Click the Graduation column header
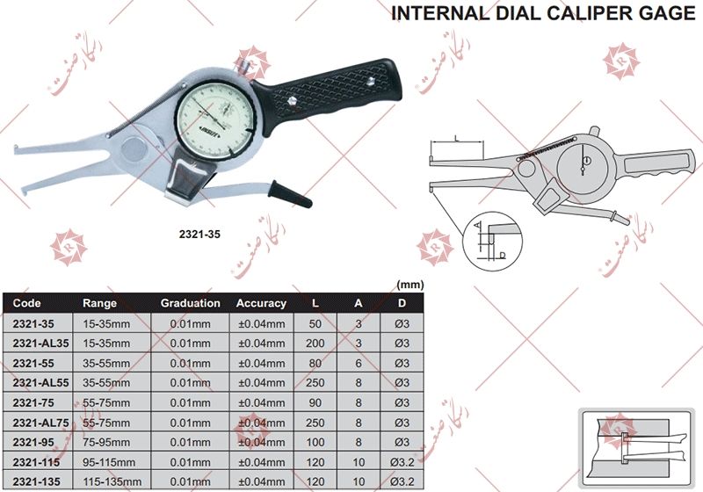click(x=190, y=303)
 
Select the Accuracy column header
click(x=261, y=303)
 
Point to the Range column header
click(x=99, y=303)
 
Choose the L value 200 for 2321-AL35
click(x=315, y=344)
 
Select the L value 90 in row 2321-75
click(x=315, y=402)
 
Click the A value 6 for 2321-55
click(x=358, y=363)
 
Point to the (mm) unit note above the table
click(x=409, y=285)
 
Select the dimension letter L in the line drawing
click(x=459, y=136)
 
